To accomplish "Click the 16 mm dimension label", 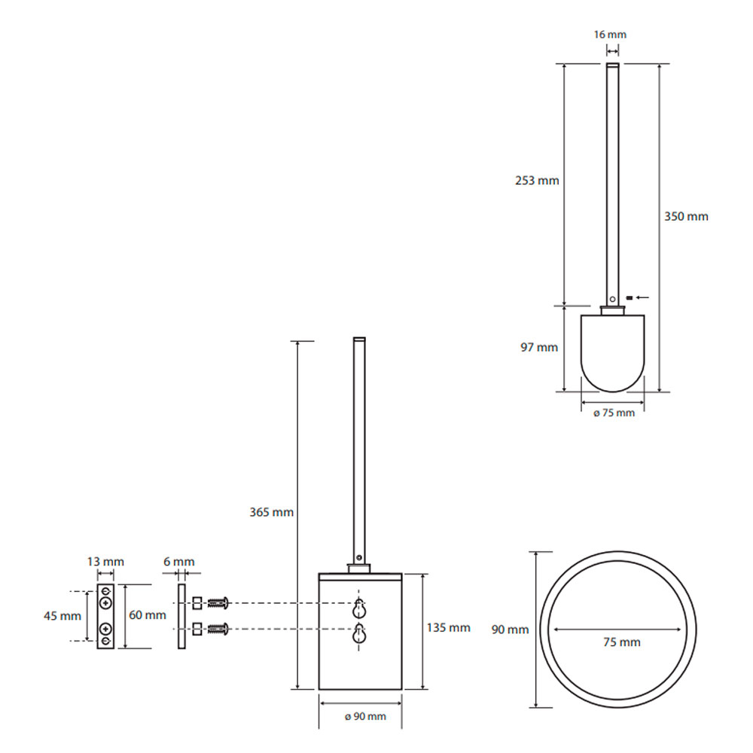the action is pos(610,35).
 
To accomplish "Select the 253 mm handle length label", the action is pos(537,181).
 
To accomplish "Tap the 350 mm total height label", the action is pos(686,217).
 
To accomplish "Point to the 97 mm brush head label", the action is pos(539,347).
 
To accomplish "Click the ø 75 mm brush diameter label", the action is pos(614,413).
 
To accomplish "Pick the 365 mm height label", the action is pos(271,512).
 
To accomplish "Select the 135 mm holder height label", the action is pos(449,628).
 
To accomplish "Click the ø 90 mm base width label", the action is pos(365,717).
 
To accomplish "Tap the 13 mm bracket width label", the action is pos(105,562).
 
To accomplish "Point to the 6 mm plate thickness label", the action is pos(179,562).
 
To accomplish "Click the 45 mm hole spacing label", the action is pos(62,616).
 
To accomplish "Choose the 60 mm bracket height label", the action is pos(148,615).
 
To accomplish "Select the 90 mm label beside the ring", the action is pos(510,630).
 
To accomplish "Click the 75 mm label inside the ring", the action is pos(622,642).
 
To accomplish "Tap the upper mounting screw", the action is pos(218,602).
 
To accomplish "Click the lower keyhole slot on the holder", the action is pos(358,633).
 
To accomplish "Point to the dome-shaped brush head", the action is pos(613,353).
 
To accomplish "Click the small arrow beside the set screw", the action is pos(642,297).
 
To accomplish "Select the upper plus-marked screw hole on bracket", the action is pos(105,602).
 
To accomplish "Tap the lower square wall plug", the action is pos(197,629).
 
